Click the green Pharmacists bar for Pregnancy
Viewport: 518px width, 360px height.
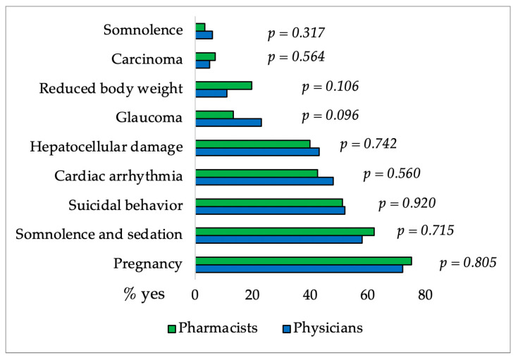303,261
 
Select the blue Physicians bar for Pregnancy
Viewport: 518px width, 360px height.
299,268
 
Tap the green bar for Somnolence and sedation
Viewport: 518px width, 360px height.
285,231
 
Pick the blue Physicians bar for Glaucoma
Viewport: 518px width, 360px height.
228,122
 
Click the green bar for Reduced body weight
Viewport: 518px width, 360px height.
223,85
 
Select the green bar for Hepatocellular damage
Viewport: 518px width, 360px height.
252,144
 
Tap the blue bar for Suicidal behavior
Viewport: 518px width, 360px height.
270,210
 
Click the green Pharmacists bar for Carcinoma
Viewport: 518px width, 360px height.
205,56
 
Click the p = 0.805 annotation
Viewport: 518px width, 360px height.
468,263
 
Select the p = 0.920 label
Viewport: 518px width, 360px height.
407,204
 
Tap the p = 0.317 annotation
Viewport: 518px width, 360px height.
296,33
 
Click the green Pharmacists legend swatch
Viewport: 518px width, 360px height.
172,328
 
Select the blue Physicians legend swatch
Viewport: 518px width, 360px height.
286,328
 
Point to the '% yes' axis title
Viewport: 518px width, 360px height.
144,294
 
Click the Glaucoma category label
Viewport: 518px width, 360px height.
149,117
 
